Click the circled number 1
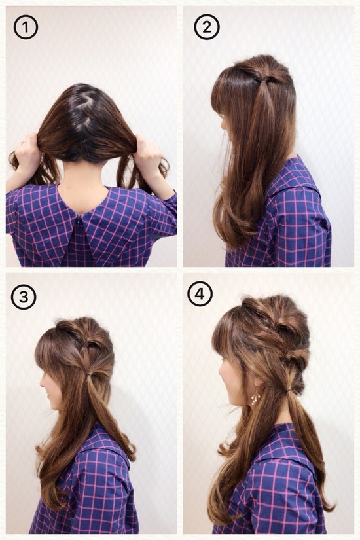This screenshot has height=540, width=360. tap(26, 27)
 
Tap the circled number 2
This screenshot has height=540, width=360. tap(206, 27)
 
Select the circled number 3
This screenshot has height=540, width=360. tap(24, 297)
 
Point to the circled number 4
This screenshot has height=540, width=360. tap(200, 294)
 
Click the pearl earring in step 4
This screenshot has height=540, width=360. tap(255, 399)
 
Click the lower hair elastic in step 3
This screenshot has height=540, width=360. tap(89, 374)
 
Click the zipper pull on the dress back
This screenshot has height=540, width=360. tap(80, 219)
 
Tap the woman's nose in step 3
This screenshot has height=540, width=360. tap(41, 384)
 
